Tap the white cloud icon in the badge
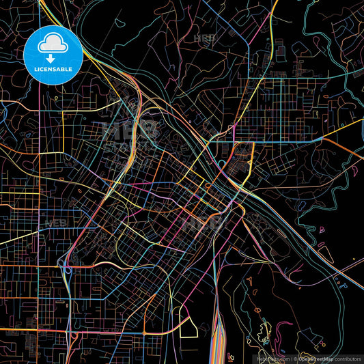(x=53, y=43)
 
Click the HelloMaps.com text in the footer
(x=272, y=358)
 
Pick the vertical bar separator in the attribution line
(x=292, y=358)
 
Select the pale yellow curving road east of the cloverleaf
(x=102, y=263)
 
